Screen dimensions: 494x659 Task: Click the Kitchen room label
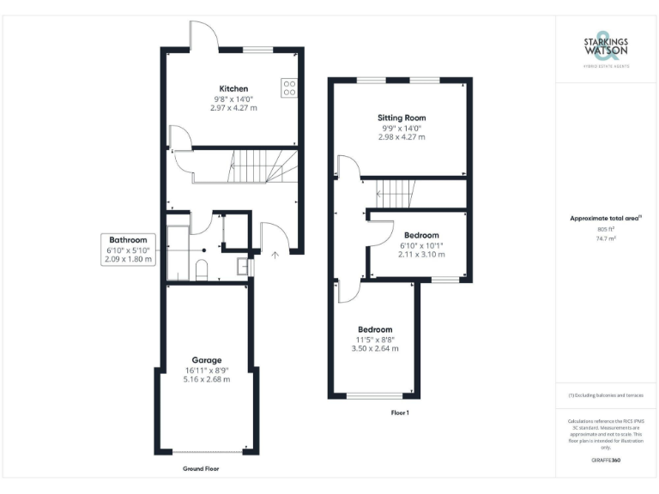(233, 88)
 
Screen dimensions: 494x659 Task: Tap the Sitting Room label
(402, 117)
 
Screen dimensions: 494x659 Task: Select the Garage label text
(207, 360)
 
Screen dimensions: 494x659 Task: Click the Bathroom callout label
(127, 240)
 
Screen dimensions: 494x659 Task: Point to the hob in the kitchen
(288, 87)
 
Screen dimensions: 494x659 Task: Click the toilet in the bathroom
(201, 272)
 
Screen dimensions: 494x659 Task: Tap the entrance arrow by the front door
(275, 254)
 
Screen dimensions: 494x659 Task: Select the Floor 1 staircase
(396, 194)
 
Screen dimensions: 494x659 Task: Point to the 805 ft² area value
(606, 229)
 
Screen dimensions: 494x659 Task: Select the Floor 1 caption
(399, 413)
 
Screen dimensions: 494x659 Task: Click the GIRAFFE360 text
(606, 461)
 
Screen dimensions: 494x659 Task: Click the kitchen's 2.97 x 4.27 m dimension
(233, 108)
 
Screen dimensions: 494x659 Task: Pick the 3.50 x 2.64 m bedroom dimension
(375, 349)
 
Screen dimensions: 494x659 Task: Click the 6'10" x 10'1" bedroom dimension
(421, 245)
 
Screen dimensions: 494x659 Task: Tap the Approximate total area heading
(605, 219)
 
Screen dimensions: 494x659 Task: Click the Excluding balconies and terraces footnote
(606, 395)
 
